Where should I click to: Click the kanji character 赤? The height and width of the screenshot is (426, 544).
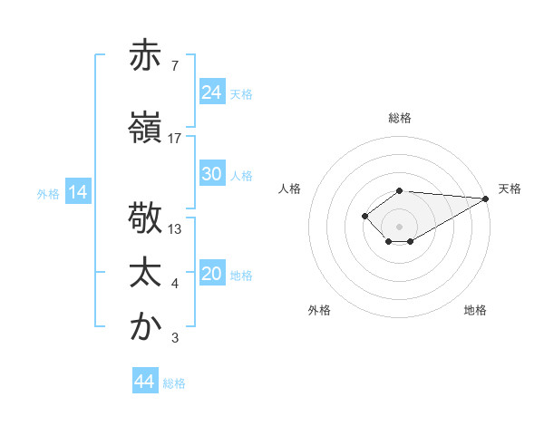[x=145, y=55]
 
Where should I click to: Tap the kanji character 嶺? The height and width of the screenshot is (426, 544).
[x=145, y=127]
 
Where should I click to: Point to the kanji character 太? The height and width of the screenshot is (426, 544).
[x=145, y=275]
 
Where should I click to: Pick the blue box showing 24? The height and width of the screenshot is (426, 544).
[x=212, y=92]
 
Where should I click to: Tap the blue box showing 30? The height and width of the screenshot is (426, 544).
[x=212, y=175]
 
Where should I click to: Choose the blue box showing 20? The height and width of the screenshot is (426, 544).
[x=212, y=275]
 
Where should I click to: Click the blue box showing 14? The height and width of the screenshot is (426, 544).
[x=78, y=192]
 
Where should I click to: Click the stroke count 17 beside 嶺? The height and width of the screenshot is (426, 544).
[x=175, y=138]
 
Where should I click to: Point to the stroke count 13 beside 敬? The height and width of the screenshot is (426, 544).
[x=175, y=229]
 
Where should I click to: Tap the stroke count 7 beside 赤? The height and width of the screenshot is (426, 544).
[x=174, y=65]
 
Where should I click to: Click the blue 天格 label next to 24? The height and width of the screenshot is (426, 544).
[x=241, y=93]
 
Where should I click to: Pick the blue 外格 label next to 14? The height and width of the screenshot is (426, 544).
[x=48, y=193]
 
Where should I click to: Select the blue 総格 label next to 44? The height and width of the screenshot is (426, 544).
[x=174, y=382]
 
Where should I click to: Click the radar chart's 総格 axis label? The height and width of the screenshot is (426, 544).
[x=400, y=118]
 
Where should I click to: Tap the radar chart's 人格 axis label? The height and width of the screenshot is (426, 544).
[x=290, y=189]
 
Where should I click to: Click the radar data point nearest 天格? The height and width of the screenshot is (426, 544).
[x=486, y=198]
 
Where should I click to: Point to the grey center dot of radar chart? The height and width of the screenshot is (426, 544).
[x=399, y=226]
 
